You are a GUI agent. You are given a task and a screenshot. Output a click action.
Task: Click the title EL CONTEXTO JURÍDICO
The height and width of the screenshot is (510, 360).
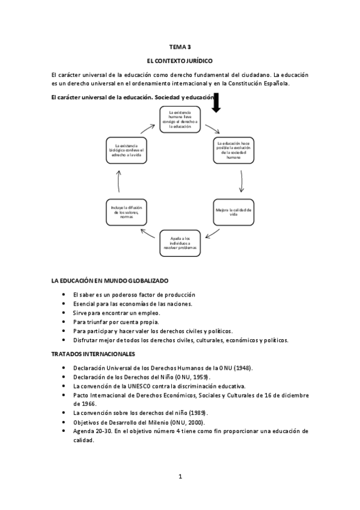(180, 61)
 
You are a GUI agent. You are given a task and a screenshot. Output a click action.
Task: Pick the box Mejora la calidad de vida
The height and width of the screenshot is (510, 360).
(233, 212)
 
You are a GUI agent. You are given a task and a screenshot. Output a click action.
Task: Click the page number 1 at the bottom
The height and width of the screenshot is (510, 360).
(180, 476)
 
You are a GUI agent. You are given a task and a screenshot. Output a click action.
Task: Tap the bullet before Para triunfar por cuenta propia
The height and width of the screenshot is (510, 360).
(64, 322)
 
